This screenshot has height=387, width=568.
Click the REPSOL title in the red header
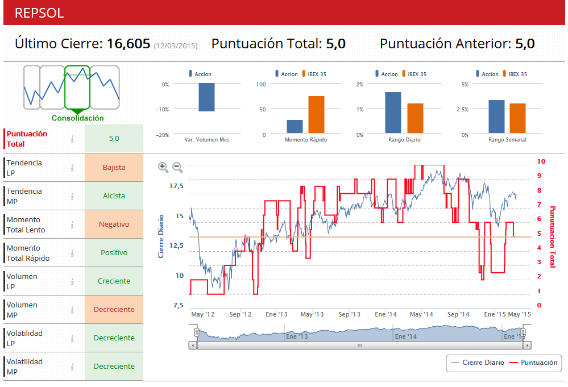[x=39, y=13]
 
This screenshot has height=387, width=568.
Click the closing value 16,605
[x=128, y=44]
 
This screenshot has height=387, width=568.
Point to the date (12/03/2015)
[x=176, y=45]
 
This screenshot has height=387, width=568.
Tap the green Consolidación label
[x=78, y=118]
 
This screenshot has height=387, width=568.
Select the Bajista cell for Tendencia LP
[x=114, y=168]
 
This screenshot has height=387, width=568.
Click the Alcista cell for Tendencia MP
[x=114, y=196]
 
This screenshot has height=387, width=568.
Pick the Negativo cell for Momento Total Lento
[x=114, y=224]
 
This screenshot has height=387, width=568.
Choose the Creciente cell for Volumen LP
[x=114, y=281]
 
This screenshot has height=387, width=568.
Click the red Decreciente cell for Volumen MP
[x=114, y=310]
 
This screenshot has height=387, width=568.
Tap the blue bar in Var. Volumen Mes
[x=206, y=97]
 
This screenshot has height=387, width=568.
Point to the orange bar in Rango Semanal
[x=517, y=119]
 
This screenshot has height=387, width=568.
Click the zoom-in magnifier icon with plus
[x=163, y=167]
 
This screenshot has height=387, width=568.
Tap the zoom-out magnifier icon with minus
[x=177, y=167]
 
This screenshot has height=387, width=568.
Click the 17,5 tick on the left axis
[x=176, y=186]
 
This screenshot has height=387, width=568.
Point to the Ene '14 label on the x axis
[x=386, y=314]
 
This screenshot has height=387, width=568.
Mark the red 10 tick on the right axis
[x=541, y=162]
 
